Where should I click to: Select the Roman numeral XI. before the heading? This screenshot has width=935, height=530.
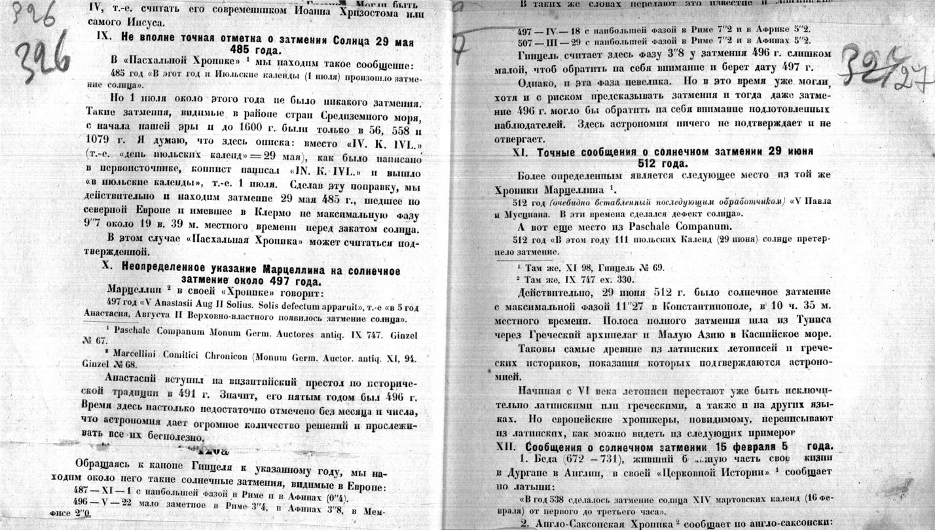(x=523, y=151)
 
